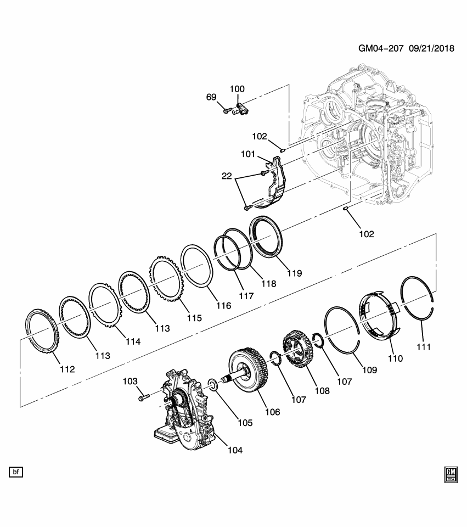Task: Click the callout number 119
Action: tap(294, 272)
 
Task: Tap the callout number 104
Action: tap(234, 450)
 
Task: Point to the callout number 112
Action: tap(67, 369)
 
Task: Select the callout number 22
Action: tap(227, 177)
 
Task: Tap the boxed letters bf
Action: tap(16, 472)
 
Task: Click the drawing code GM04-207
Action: tap(381, 48)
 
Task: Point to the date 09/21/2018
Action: tap(432, 48)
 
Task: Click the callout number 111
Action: tap(423, 346)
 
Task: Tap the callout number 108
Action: tap(322, 391)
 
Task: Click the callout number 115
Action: tap(194, 318)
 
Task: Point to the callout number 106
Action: tap(272, 412)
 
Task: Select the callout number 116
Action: tap(223, 306)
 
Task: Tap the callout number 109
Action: tap(369, 370)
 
